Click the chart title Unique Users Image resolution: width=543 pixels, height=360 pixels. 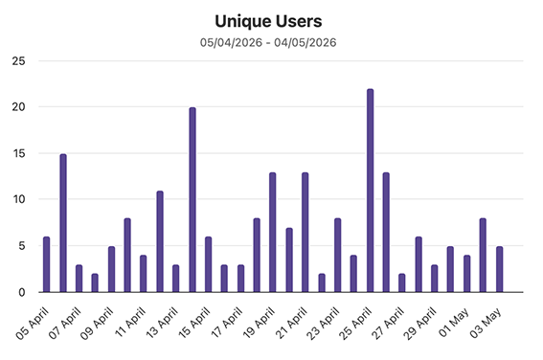click(268, 21)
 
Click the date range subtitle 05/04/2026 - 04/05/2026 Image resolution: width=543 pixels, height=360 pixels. click(268, 42)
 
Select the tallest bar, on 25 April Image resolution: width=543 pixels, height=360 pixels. click(370, 191)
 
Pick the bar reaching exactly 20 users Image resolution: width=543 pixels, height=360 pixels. click(192, 200)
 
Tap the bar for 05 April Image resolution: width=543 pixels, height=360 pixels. click(46, 264)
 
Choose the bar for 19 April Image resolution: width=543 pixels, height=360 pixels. click(273, 233)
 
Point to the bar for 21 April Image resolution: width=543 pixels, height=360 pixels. click(305, 233)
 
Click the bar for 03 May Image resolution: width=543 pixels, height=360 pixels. click(499, 269)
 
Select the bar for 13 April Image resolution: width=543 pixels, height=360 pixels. click(176, 279)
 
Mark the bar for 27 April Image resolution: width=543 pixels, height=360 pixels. click(401, 282)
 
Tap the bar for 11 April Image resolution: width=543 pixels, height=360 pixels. click(143, 274)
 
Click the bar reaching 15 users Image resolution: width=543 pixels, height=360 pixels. click(63, 223)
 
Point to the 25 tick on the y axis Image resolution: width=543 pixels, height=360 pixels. click(19, 61)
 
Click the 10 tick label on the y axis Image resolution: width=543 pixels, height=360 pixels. click(19, 199)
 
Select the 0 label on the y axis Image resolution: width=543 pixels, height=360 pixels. click(22, 293)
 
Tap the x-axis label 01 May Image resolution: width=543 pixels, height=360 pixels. click(454, 322)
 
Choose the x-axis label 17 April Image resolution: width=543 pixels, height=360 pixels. click(227, 323)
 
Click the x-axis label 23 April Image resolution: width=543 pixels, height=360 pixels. click(324, 324)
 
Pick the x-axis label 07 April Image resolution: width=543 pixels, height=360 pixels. click(65, 323)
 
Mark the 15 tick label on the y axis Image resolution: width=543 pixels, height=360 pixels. click(19, 153)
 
